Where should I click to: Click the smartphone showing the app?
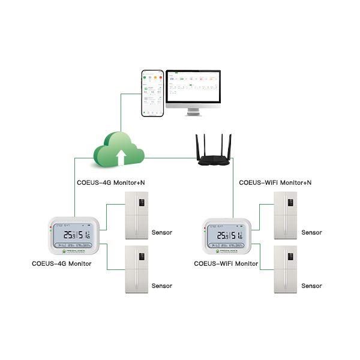(152, 93)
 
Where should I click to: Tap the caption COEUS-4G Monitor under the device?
(62, 264)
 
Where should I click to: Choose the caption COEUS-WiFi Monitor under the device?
(226, 264)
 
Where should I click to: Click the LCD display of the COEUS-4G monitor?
(71, 236)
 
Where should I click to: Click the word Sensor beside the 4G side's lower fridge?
(162, 286)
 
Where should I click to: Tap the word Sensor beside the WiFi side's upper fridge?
(311, 233)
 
